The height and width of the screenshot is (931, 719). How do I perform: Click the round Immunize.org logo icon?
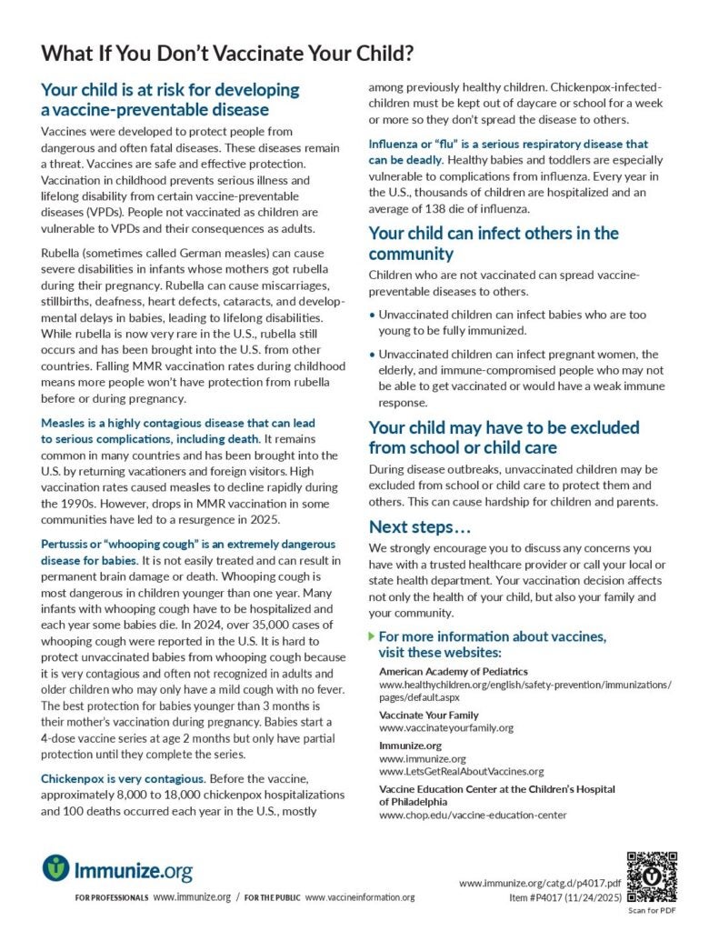55,867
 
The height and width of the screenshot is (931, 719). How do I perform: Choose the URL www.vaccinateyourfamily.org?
446,727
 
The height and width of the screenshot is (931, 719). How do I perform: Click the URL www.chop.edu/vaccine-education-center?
473,815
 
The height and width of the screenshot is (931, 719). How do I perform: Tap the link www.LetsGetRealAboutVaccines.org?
461,771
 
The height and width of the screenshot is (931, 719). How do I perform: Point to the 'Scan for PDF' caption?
652,912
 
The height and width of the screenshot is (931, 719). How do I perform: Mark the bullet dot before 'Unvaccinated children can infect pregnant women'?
372,354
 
